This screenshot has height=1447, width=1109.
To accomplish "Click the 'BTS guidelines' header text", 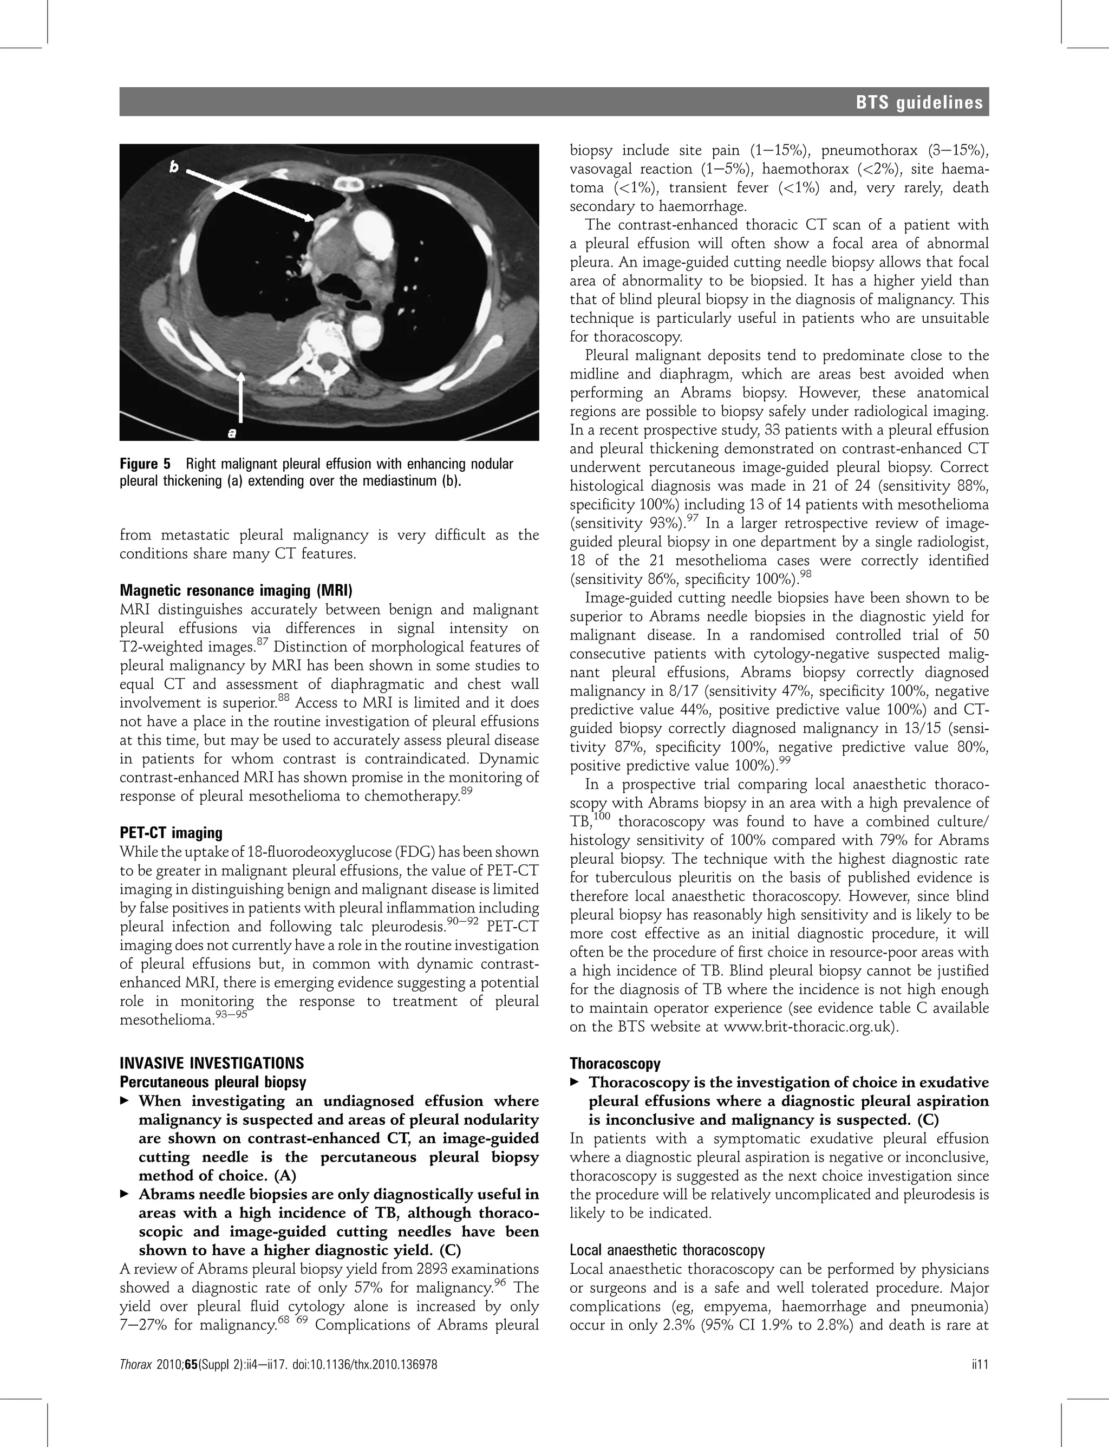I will coord(919,103).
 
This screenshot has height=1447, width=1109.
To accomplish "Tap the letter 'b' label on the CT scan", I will coord(174,168).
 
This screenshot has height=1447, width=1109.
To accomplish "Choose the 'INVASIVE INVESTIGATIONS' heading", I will coord(211,1063).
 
